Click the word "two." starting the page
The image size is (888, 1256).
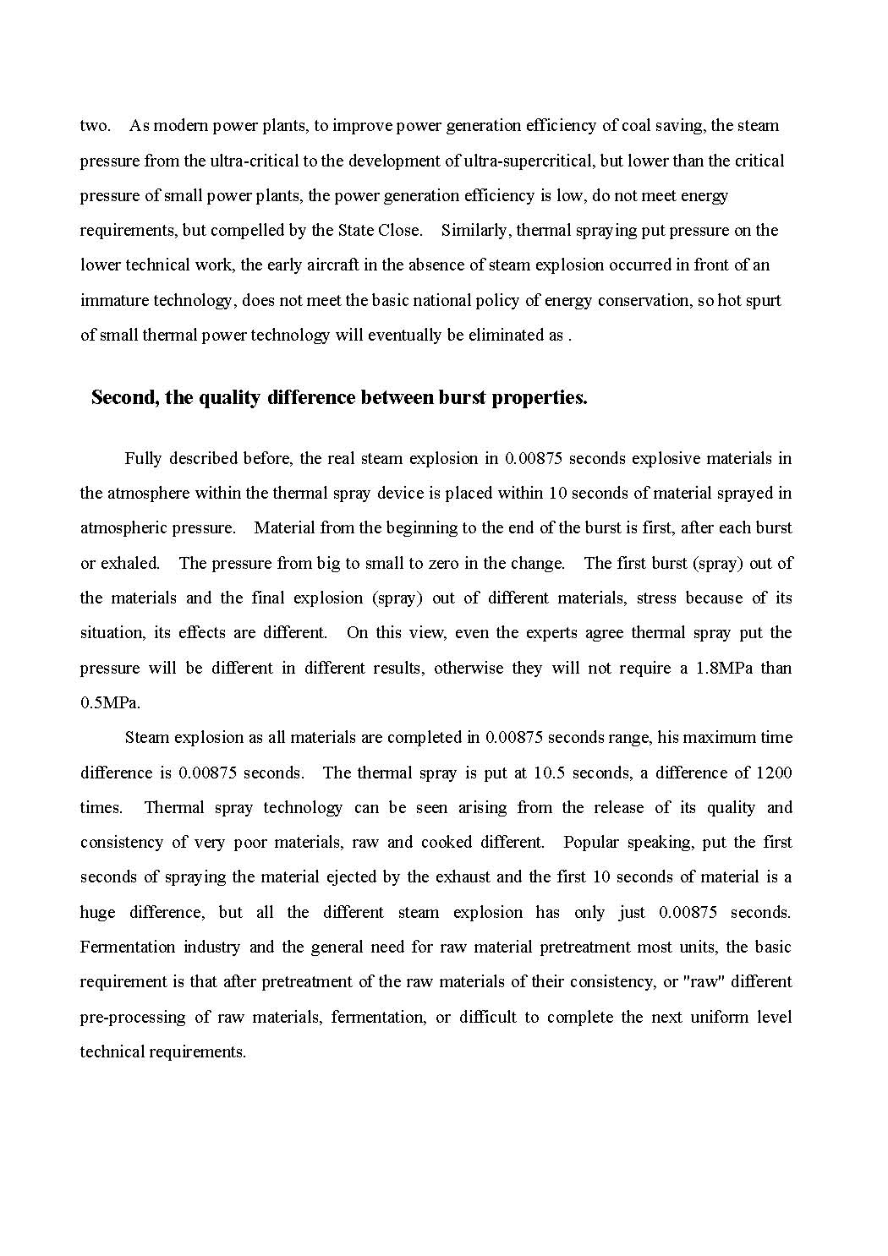(x=95, y=126)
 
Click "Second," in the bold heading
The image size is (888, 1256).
(x=125, y=397)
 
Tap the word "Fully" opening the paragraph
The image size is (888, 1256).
(x=142, y=458)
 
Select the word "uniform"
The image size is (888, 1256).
(x=696, y=1017)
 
